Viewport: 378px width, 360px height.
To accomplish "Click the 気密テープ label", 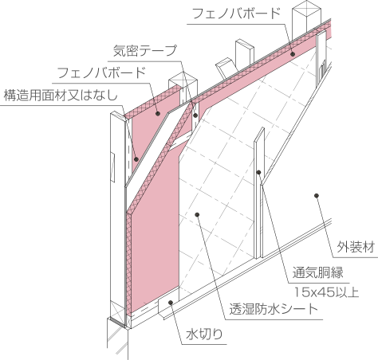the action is [145, 51].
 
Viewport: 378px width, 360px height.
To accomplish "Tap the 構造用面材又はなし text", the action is [61, 96].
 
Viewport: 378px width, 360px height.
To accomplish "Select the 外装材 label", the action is [356, 247].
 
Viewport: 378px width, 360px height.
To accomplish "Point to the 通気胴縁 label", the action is [318, 272].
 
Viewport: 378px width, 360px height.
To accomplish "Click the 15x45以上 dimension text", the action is [326, 292].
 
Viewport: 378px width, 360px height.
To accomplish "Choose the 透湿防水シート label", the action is [274, 309].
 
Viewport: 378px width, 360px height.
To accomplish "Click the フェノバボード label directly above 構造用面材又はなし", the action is [101, 72].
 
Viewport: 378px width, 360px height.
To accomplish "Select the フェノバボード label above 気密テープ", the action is [236, 14].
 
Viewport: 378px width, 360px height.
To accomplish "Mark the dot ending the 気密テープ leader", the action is [195, 115].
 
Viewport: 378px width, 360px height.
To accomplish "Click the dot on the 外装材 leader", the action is [317, 196].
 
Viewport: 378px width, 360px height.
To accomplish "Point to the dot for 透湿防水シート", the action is [197, 214].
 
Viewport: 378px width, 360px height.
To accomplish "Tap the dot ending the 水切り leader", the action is [171, 303].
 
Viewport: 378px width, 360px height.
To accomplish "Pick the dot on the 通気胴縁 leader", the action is [258, 172].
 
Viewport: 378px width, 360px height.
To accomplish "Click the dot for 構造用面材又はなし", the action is [136, 159].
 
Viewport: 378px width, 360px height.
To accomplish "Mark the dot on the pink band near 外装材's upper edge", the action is [293, 54].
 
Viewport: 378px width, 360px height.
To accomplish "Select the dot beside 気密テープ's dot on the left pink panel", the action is [158, 114].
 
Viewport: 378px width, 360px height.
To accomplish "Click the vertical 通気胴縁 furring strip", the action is [258, 194].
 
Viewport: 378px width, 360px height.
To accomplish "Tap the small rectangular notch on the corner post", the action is [112, 167].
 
